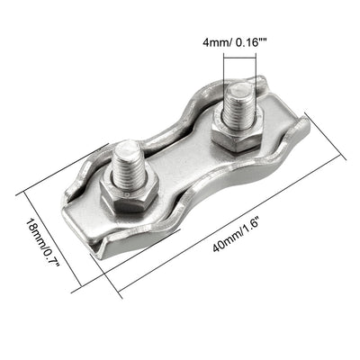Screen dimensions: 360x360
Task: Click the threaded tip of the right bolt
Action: [x=239, y=94]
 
